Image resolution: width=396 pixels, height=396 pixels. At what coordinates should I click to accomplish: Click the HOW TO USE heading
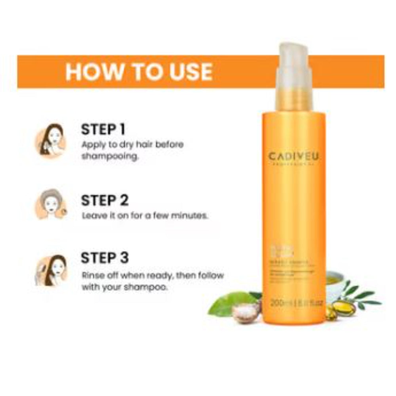coord(139,72)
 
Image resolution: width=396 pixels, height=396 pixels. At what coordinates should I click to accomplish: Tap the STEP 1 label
coord(103,129)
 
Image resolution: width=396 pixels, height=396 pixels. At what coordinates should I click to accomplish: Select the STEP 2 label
coord(105,200)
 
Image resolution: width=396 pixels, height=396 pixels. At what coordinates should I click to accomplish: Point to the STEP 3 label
coord(105,258)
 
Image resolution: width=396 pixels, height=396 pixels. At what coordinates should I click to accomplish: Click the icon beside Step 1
coord(50,141)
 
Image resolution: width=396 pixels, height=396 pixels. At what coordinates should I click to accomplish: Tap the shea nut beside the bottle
coord(246,312)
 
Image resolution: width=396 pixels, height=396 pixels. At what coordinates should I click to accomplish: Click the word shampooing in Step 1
coord(110,156)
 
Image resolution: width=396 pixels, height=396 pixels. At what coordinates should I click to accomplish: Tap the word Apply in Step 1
coord(91,145)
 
